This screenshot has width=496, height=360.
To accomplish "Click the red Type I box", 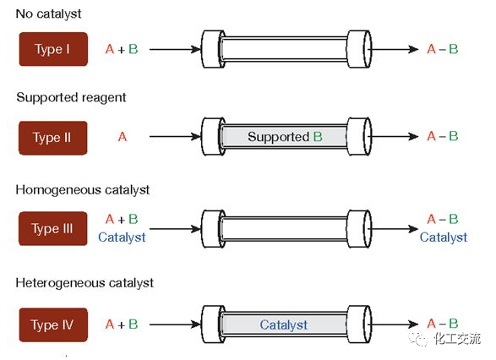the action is pyautogui.click(x=53, y=49).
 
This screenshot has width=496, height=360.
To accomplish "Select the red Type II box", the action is pyautogui.click(x=53, y=138).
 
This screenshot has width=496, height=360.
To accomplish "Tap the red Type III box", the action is pyautogui.click(x=53, y=229).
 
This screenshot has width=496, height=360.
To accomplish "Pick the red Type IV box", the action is pyautogui.click(x=53, y=325).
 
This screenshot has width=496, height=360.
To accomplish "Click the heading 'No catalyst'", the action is pyautogui.click(x=48, y=14).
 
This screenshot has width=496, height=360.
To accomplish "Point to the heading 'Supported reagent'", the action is pyautogui.click(x=71, y=97).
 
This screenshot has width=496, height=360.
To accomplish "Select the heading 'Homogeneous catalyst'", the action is pyautogui.click(x=83, y=190).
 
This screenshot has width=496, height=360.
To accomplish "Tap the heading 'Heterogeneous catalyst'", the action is pyautogui.click(x=84, y=283).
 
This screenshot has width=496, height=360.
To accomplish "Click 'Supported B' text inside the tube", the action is pyautogui.click(x=285, y=137).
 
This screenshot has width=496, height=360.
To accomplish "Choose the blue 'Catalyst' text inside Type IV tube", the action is pyautogui.click(x=283, y=325).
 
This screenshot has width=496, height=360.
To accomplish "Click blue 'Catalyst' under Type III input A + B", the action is pyautogui.click(x=122, y=237).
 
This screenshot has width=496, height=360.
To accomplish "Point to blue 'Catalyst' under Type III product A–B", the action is pyautogui.click(x=444, y=237).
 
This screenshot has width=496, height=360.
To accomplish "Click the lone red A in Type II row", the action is pyautogui.click(x=123, y=137).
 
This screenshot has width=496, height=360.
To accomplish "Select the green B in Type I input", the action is pyautogui.click(x=134, y=49).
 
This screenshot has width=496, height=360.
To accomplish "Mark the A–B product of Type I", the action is pyautogui.click(x=443, y=49).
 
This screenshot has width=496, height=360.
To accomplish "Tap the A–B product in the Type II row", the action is pyautogui.click(x=443, y=136).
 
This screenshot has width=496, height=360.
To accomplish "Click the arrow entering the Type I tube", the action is pyautogui.click(x=175, y=49).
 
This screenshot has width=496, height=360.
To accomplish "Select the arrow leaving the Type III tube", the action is pyautogui.click(x=393, y=229).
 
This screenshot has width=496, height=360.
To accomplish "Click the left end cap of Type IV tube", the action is pyautogui.click(x=213, y=325).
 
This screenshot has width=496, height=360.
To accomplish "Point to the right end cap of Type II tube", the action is pyautogui.click(x=359, y=137).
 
